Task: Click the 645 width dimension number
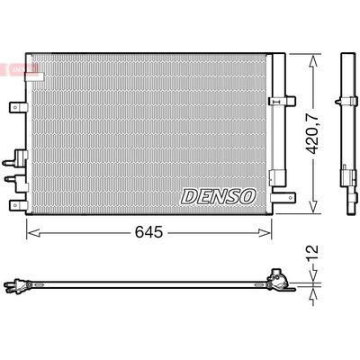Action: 148,232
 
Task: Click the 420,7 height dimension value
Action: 313,132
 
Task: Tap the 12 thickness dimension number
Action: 312,254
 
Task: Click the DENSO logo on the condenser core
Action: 219,197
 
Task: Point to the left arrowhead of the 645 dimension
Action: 33,232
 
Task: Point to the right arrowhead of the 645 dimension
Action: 265,232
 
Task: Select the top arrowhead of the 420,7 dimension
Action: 313,62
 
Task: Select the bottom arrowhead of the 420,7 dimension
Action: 313,206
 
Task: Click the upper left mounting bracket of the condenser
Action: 18,107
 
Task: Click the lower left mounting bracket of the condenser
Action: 18,205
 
